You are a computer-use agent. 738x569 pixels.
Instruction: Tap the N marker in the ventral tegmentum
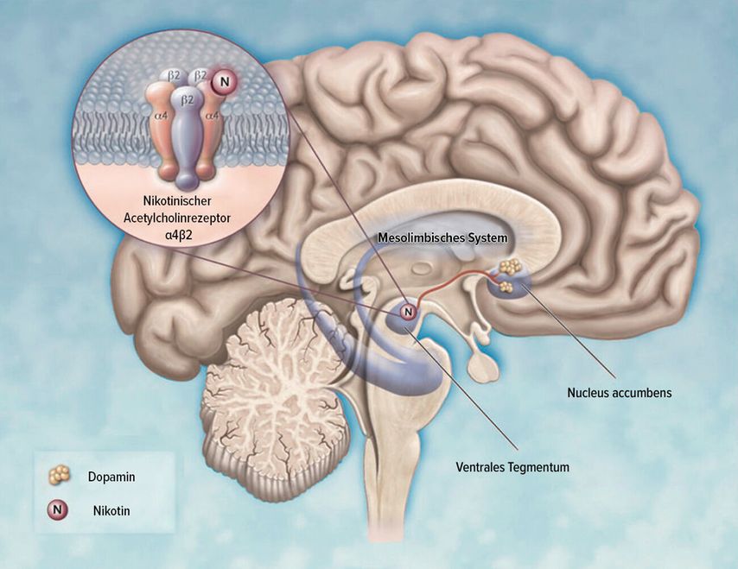coord(408,310)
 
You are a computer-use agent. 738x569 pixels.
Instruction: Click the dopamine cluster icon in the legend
coord(60,475)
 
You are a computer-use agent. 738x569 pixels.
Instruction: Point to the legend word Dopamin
coord(111,475)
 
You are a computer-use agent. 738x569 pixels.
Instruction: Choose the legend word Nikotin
coord(111,509)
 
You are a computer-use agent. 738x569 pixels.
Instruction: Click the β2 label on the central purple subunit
coord(184,100)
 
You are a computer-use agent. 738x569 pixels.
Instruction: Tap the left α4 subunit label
coord(159,113)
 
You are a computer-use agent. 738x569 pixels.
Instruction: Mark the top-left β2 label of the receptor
coord(173,76)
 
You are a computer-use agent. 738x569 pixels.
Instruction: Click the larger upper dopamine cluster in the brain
coord(510,266)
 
